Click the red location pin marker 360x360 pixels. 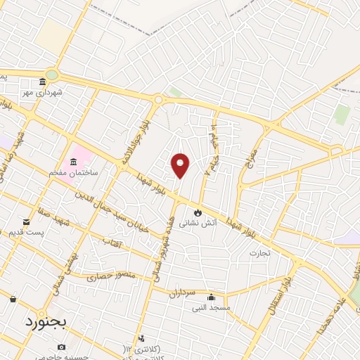pos(181,165)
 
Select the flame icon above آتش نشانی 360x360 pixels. pos(198,212)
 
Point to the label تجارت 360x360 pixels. pos(259,252)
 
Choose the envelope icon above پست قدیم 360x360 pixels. pos(27,221)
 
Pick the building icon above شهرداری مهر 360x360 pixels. pos(43,82)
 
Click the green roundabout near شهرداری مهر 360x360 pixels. pos(52,75)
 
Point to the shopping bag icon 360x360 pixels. pos(13,300)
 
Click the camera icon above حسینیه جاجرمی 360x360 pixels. pos(61,347)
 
